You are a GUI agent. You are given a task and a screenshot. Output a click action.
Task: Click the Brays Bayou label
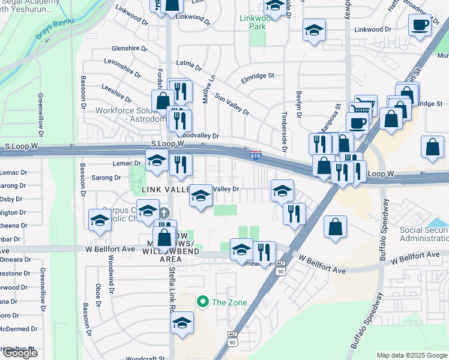pyautogui.click(x=55, y=29)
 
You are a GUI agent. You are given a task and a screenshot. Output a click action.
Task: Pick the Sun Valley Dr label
pyautogui.click(x=232, y=104)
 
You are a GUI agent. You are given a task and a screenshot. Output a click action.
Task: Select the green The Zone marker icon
pyautogui.click(x=203, y=302)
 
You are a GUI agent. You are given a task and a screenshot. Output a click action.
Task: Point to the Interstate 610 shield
pyautogui.click(x=255, y=156)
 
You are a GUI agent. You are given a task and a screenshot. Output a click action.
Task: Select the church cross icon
pyautogui.click(x=164, y=213)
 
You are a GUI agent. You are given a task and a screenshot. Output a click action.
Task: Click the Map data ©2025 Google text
pyautogui.click(x=412, y=355)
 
